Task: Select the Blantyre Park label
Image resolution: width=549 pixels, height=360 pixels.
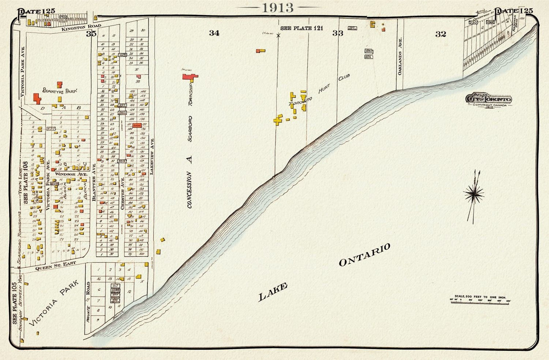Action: tap(60, 91)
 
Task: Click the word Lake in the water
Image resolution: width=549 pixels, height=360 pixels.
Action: tap(273, 292)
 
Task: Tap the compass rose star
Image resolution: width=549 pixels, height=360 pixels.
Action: tap(473, 194)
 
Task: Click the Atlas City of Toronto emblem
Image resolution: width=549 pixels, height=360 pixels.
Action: tap(489, 100)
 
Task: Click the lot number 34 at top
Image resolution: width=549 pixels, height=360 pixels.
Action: tap(214, 33)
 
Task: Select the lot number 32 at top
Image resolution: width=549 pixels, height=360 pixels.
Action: tap(440, 34)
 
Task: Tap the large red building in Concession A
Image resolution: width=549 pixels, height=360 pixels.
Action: tap(190, 77)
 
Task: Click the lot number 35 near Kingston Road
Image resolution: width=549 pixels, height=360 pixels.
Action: tap(91, 34)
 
